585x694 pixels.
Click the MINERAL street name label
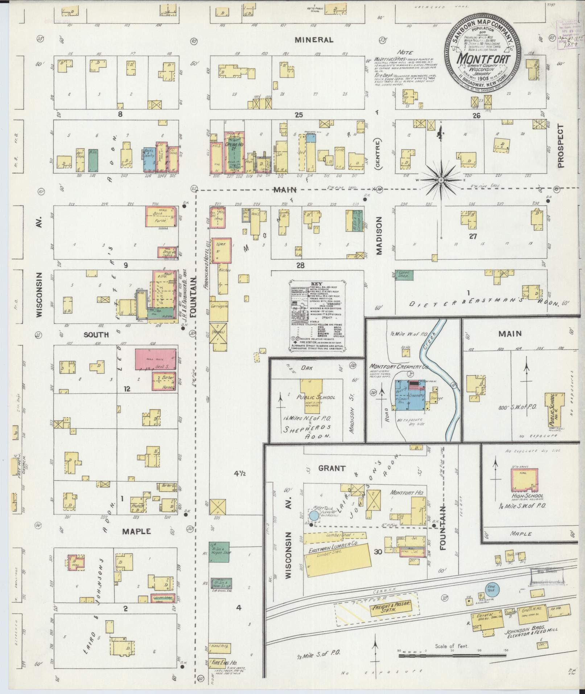coord(314,40)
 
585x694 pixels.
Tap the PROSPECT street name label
coord(561,146)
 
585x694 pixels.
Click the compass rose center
coord(441,180)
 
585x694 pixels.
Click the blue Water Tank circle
coord(314,516)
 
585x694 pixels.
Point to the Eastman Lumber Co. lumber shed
coord(337,563)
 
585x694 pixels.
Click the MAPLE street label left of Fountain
coord(136,531)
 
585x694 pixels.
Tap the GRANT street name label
coord(331,468)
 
